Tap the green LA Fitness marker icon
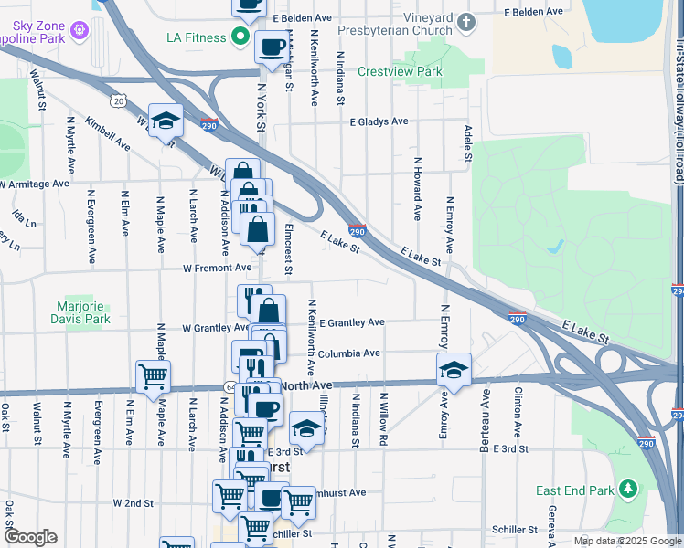click(241, 37)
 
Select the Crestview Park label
click(399, 71)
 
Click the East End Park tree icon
click(628, 490)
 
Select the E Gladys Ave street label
click(378, 121)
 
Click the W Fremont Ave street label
click(217, 268)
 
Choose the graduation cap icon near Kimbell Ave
click(166, 121)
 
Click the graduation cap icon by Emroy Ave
click(454, 370)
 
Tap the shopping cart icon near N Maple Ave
click(153, 374)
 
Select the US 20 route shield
click(117, 100)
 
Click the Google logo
click(30, 537)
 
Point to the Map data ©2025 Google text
click(626, 541)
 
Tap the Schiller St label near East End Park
click(513, 530)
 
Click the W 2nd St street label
click(134, 502)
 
